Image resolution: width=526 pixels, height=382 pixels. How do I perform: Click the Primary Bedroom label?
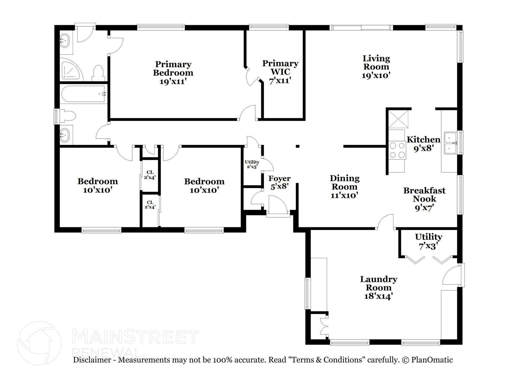tap(173, 68)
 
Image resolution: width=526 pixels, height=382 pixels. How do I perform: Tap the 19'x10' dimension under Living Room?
tap(376, 76)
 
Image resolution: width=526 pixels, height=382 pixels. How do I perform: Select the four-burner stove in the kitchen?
tap(397, 150)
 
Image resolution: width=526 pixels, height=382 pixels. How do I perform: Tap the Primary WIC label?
tap(280, 67)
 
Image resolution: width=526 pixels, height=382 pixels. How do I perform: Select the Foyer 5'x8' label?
tap(279, 182)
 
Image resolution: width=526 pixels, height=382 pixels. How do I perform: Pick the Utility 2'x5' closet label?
tap(252, 164)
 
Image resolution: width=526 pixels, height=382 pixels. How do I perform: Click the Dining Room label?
tap(344, 182)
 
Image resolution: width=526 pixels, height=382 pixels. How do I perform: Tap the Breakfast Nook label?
tap(424, 194)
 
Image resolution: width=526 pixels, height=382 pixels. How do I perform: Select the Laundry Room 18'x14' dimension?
tap(379, 296)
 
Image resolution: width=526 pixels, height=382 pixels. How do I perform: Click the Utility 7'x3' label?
tap(428, 241)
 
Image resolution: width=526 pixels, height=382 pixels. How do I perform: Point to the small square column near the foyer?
tap(297, 146)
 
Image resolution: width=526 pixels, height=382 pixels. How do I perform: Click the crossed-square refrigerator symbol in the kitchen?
tap(398, 119)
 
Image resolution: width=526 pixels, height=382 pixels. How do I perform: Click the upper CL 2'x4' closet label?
tap(150, 175)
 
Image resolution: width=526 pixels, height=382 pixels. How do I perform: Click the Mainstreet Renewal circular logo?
tap(39, 343)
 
